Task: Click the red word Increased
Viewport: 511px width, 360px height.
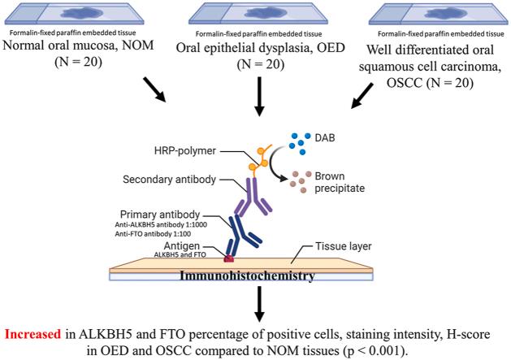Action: click(x=36, y=333)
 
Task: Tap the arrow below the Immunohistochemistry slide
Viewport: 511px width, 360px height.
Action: click(x=257, y=304)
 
